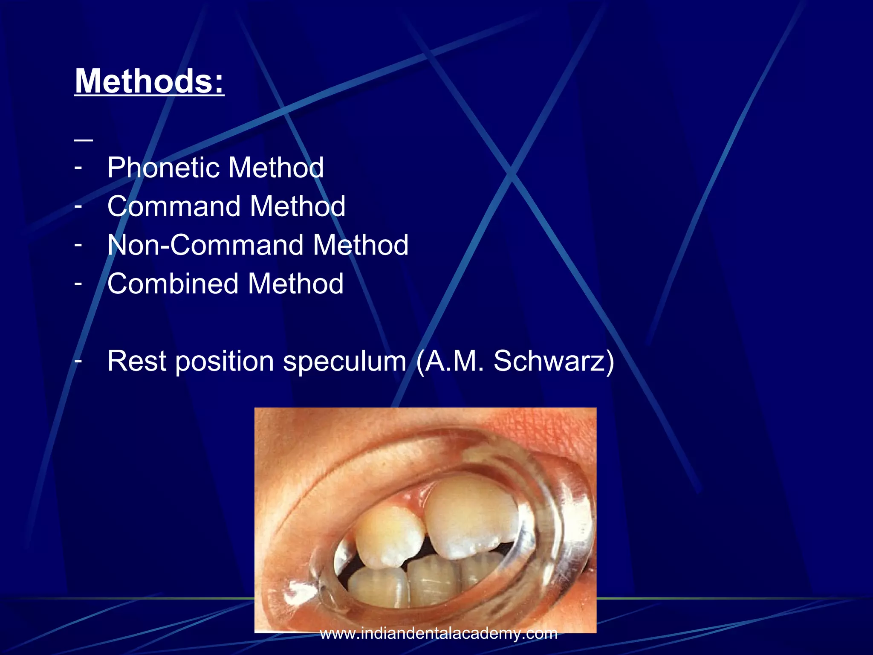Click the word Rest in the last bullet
coord(136,361)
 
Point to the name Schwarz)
coord(554,361)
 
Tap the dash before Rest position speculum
coord(78,361)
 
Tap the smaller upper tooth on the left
coord(389,537)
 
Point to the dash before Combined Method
coord(78,284)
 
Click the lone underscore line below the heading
coord(84,140)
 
